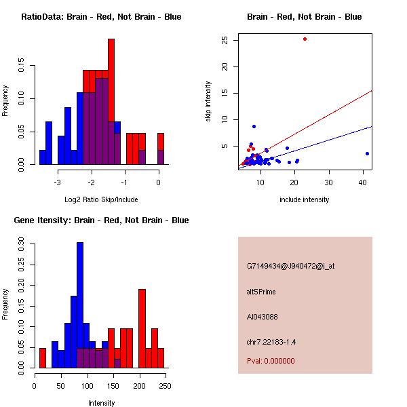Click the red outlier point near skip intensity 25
305,39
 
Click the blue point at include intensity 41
367,153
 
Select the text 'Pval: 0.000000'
271,361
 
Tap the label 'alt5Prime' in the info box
261,292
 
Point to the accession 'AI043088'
263,317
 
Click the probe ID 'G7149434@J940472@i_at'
290,266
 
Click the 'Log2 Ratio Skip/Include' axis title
101,199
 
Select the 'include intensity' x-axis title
305,199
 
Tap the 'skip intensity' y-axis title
209,102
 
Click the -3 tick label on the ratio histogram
58,182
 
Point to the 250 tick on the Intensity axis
163,385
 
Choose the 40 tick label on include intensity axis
363,182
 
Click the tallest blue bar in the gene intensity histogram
80,305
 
